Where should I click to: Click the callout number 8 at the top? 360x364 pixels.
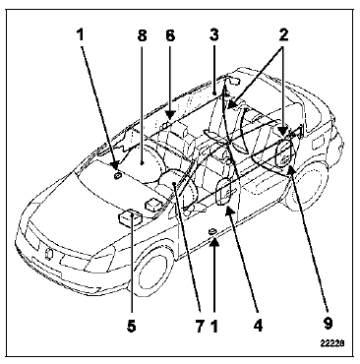142,35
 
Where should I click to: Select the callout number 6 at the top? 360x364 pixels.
170,35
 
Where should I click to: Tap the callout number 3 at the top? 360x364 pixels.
213,35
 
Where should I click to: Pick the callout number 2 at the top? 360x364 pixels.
283,35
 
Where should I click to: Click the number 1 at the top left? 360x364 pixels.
81,35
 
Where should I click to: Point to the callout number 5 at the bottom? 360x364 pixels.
132,326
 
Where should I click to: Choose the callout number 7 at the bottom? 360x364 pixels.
200,326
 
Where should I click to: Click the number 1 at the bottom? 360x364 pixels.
213,326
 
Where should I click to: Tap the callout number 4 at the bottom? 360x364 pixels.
259,326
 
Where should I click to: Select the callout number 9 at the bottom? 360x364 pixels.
328,324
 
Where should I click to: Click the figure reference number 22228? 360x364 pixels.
332,343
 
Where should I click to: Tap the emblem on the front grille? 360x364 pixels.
48,255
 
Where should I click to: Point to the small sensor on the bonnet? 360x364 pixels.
117,176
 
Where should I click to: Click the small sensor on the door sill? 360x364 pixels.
212,232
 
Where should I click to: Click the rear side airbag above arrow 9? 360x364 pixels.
284,152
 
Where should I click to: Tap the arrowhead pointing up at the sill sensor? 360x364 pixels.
213,243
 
